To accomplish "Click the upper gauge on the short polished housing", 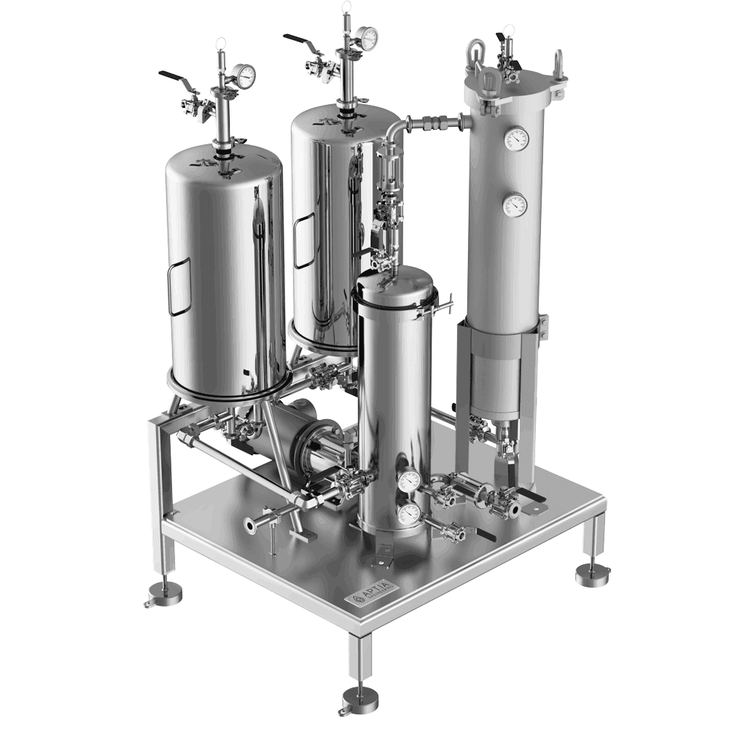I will pyautogui.click(x=409, y=479).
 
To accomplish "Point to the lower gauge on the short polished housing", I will pyautogui.click(x=409, y=513).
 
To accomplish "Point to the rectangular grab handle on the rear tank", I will pyautogui.click(x=300, y=239).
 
